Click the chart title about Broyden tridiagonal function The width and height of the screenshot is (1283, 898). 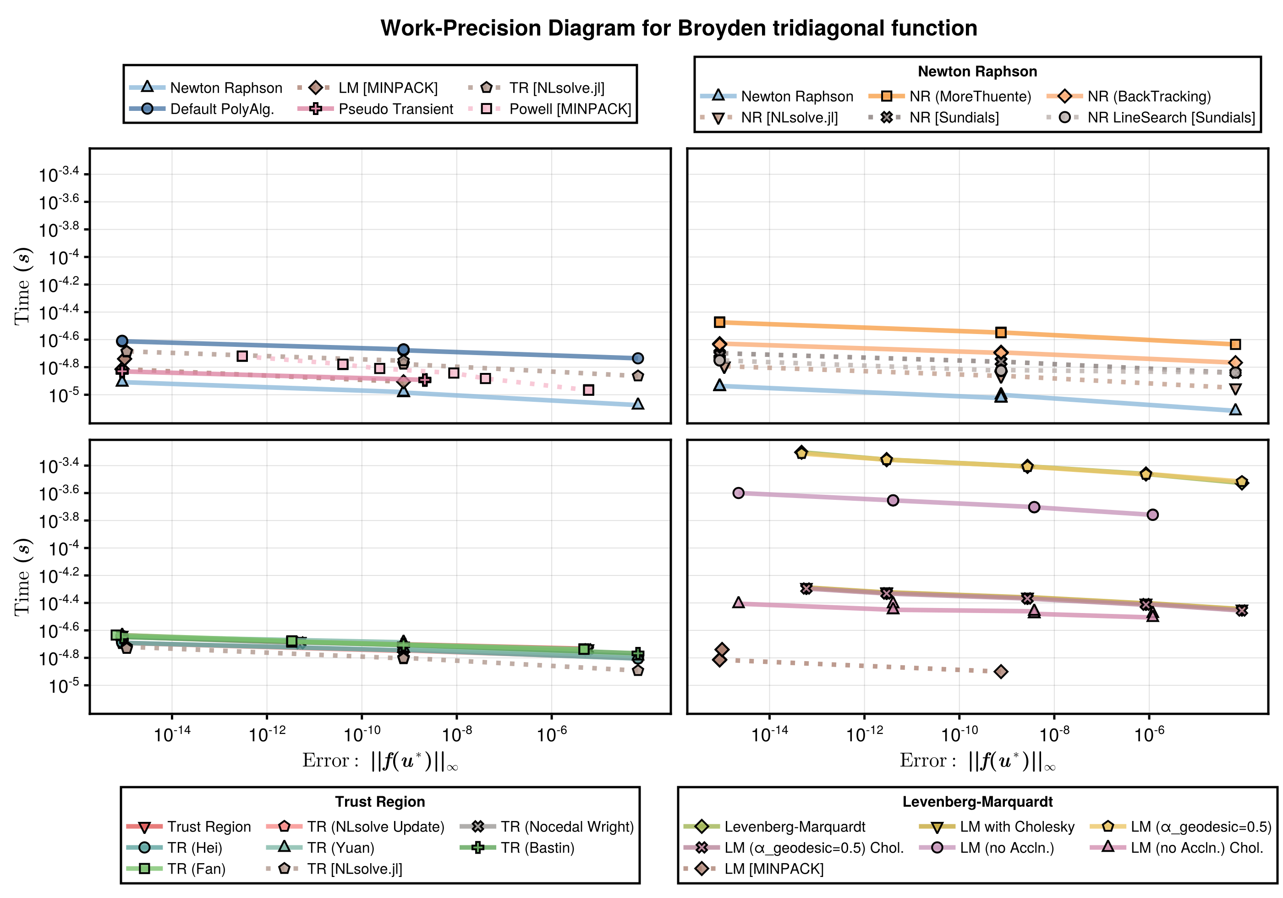click(x=678, y=28)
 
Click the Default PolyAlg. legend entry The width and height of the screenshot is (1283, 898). click(x=222, y=109)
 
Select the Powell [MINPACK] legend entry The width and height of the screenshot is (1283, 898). click(x=570, y=109)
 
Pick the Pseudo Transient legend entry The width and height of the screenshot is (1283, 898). click(x=395, y=109)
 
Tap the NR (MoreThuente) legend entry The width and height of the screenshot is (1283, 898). click(x=970, y=96)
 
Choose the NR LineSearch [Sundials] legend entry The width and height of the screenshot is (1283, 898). click(x=1171, y=117)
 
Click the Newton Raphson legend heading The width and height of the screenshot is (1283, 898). click(x=977, y=71)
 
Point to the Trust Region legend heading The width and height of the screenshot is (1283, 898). click(x=380, y=801)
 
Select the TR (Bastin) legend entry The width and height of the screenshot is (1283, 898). click(x=537, y=848)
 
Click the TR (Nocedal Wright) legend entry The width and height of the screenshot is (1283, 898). click(x=567, y=827)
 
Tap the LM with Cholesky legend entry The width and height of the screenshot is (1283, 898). click(x=1017, y=827)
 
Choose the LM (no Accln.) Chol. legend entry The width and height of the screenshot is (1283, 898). click(x=1197, y=848)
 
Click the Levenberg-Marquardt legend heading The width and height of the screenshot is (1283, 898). click(x=977, y=801)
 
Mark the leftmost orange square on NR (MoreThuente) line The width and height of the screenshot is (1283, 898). click(x=720, y=322)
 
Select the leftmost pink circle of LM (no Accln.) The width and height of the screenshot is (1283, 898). click(x=738, y=493)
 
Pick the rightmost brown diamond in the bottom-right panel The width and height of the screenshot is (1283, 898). click(x=1001, y=671)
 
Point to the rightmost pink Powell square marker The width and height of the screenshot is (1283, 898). click(x=588, y=390)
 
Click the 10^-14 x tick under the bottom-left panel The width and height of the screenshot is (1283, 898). click(x=172, y=733)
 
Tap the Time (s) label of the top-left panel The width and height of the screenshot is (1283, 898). click(x=22, y=285)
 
